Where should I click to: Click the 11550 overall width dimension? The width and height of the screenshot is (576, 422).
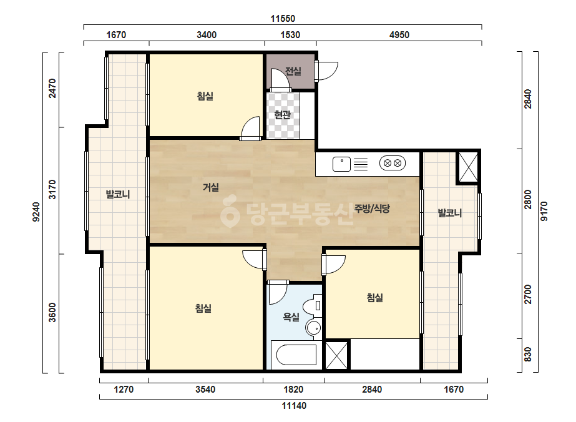283,18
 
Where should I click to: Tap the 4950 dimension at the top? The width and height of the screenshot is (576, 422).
399,35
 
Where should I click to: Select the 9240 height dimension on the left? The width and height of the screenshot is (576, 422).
36,212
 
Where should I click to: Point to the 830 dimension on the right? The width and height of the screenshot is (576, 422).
527,355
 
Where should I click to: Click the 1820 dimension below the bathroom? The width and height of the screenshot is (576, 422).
293,390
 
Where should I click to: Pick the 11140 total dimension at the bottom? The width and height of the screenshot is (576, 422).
294,406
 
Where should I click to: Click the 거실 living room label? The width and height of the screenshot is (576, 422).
211,187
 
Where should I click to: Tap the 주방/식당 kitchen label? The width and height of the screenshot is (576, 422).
372,209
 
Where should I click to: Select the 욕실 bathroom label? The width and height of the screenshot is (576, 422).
291,316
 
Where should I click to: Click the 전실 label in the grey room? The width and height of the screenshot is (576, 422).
293,71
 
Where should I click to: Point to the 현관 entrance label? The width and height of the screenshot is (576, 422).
283,115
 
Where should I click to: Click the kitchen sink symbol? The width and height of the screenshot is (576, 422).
341,164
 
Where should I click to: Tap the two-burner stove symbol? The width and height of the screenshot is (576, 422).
393,163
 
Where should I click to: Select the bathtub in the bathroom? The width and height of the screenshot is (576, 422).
296,355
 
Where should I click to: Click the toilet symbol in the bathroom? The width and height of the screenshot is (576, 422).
312,305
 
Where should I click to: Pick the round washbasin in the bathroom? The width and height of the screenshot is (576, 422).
313,328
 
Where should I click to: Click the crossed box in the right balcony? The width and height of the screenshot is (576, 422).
469,168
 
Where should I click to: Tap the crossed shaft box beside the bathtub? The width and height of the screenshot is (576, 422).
336,355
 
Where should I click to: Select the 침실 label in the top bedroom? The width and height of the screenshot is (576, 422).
205,96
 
